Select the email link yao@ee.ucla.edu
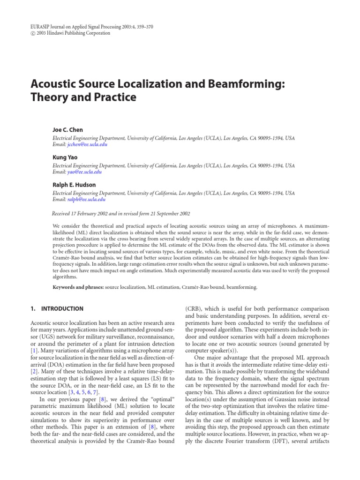tap(84, 172)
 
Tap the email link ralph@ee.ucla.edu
tap(86, 199)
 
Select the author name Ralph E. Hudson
tap(74, 185)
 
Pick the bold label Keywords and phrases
tap(78, 286)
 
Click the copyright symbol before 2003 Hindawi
tap(32, 34)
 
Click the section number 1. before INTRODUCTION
tap(32, 309)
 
